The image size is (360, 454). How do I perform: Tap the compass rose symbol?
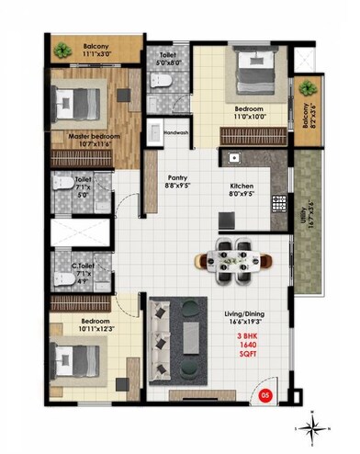point(314,424)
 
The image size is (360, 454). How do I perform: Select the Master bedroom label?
point(81,140)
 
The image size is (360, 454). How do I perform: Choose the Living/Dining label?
point(248,319)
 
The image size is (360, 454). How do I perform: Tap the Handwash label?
point(175,132)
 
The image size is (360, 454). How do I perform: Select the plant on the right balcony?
point(306,88)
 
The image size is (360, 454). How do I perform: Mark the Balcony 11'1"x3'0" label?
point(97,51)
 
